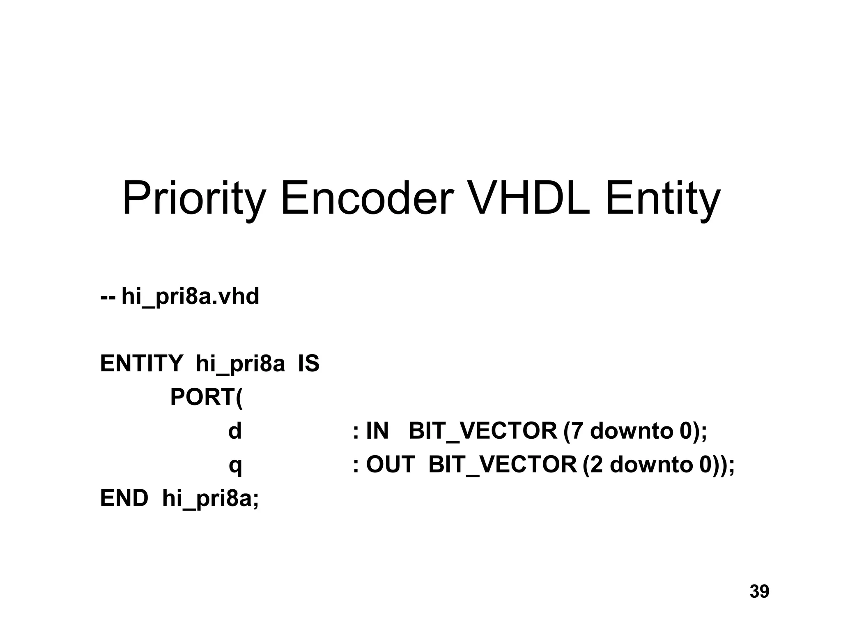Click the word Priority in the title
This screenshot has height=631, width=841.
coord(193,200)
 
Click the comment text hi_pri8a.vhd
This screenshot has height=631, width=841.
coord(190,297)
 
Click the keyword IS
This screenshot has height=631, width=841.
coord(308,364)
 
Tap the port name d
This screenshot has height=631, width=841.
coord(235,431)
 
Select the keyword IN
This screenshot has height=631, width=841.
coord(377,431)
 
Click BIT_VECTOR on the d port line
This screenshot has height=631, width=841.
coord(483,432)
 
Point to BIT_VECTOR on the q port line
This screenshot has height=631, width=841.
coord(503,465)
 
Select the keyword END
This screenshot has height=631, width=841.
coord(124,498)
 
